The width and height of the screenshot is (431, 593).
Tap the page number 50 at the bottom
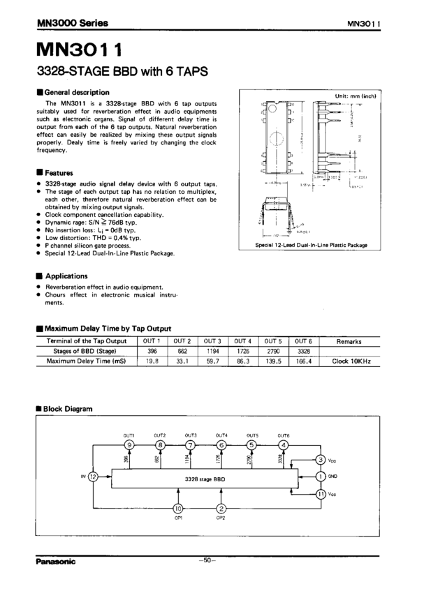[x=207, y=560]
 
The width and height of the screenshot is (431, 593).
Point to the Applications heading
[x=66, y=276]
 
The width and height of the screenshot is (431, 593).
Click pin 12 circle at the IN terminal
[x=94, y=477]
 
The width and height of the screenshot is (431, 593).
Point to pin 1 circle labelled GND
[x=321, y=476]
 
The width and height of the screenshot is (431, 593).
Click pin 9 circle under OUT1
[x=129, y=445]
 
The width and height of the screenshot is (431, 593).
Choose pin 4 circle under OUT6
[x=283, y=445]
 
